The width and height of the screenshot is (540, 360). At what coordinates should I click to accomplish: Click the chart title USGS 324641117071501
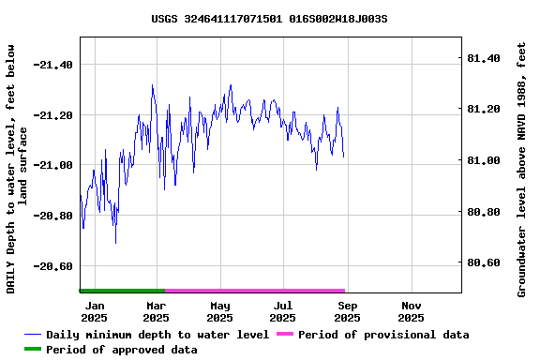269,18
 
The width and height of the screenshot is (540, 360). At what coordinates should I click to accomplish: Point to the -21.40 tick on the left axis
52,65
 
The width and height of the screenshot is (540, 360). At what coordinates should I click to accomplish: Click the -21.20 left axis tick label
52,115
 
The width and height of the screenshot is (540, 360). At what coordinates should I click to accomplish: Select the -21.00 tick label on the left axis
52,165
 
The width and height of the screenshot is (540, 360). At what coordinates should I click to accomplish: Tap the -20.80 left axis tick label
52,216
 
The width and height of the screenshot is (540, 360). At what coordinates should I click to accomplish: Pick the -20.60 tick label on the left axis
52,266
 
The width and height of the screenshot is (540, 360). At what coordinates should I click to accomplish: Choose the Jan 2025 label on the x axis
94,311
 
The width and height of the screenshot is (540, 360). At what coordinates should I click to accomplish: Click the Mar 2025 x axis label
157,311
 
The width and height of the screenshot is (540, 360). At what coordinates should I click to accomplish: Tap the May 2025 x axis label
220,311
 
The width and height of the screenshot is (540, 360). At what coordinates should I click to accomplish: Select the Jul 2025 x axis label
283,311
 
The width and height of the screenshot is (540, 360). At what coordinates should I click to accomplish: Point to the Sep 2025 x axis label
347,311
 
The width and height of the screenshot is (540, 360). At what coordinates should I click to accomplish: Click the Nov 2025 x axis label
411,311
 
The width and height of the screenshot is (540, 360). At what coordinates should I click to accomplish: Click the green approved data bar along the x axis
122,291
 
